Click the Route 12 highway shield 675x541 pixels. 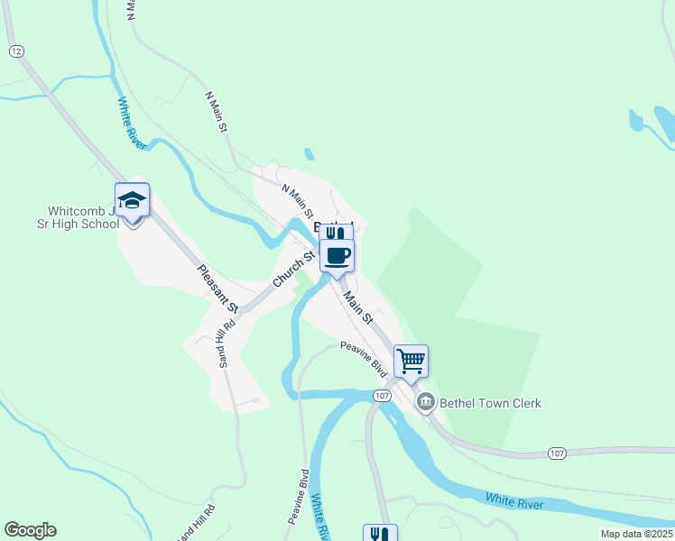15,51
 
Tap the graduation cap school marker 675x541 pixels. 132,201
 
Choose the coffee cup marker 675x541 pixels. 337,255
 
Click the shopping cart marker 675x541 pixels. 411,361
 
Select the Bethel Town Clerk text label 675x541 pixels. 490,403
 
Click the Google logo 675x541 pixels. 30,530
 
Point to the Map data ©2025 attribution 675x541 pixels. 636,534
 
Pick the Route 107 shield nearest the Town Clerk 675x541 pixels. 383,395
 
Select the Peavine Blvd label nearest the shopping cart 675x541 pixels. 364,358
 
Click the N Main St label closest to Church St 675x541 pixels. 297,202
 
